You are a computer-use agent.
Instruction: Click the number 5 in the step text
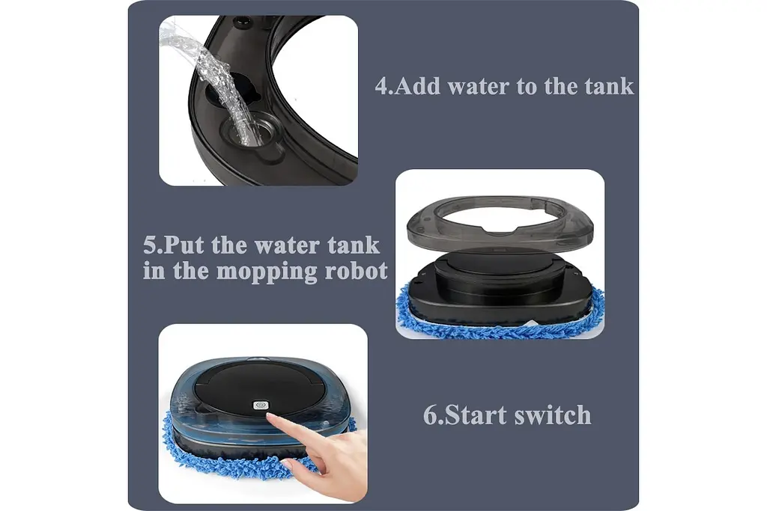coord(150,245)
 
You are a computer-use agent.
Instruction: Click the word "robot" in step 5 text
coord(356,270)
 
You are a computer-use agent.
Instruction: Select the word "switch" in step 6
coord(553,414)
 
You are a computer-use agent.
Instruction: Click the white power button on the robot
coord(259,405)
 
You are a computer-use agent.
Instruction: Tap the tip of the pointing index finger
coord(270,417)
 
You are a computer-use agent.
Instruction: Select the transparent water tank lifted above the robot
coord(500,220)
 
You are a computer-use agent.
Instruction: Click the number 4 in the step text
coord(382,86)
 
